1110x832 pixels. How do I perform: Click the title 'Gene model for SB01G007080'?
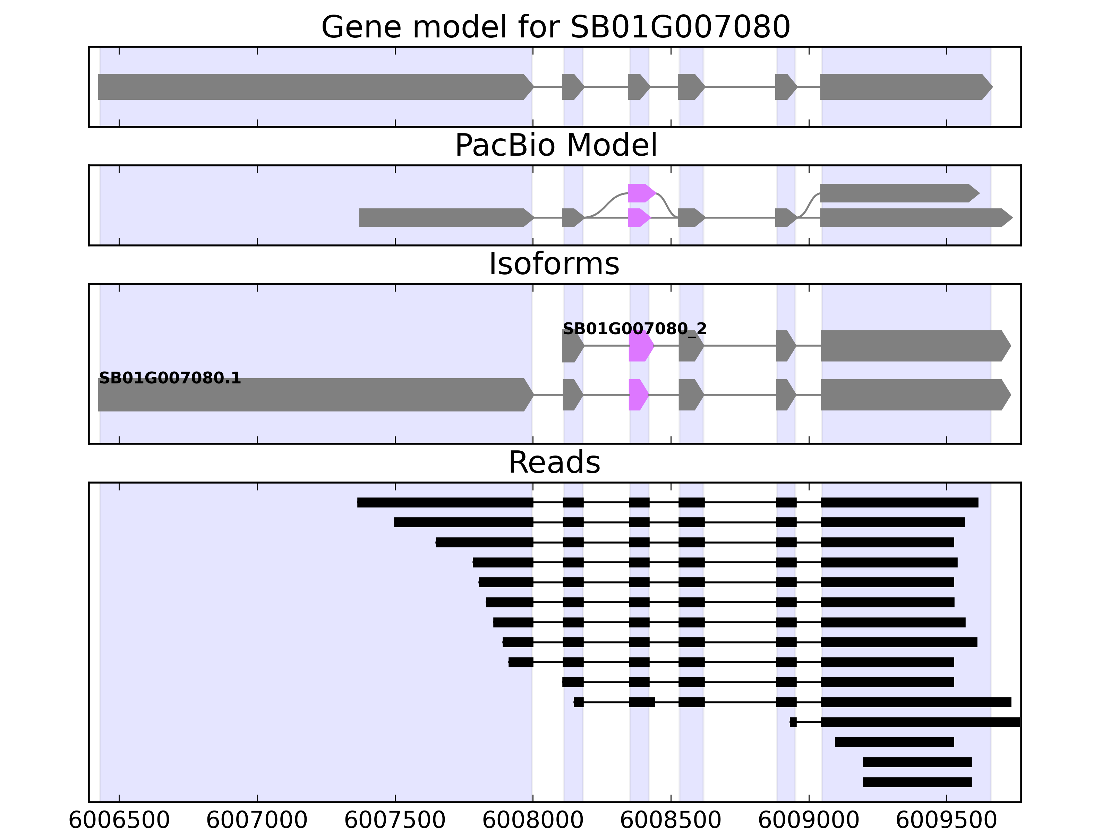(x=555, y=27)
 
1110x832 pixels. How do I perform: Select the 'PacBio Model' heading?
(x=555, y=146)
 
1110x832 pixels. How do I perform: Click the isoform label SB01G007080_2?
(x=634, y=329)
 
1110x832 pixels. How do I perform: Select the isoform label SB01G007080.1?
(x=170, y=378)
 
